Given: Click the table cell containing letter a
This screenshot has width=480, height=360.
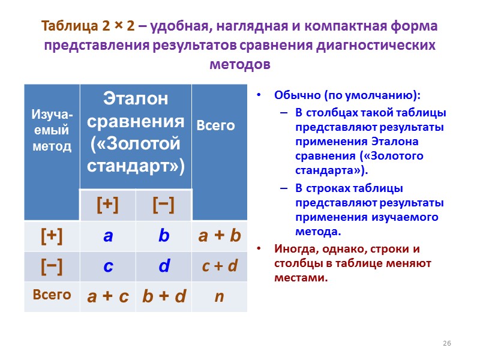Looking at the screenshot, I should point(108,236).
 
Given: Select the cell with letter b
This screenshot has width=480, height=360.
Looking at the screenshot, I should point(164,236).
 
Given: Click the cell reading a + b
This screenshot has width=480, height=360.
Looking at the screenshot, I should point(219,236).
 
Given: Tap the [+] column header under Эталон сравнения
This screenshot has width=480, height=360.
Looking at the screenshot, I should point(108,205).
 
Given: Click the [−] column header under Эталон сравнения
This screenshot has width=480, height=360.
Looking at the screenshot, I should point(164,205).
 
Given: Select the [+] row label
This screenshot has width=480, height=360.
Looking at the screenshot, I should point(52,236).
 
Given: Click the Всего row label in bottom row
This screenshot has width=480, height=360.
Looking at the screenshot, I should point(52,295).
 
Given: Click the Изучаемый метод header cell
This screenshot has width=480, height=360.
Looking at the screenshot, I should point(52,131).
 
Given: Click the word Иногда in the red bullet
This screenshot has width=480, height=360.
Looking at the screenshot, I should point(292,248).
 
